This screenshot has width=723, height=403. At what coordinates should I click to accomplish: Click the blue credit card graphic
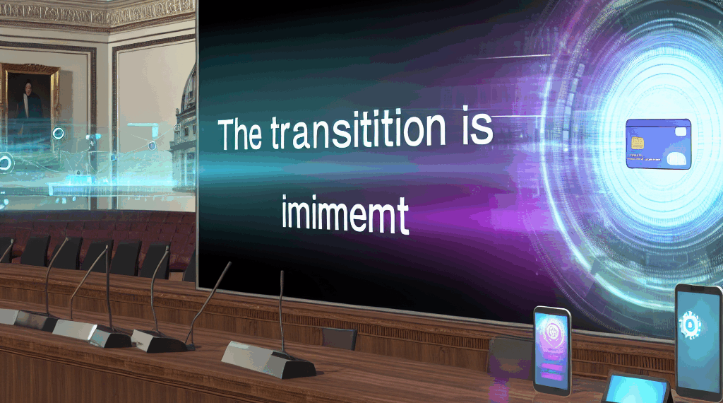tap(657, 144)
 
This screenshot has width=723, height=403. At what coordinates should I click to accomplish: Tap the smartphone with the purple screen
tap(551, 349)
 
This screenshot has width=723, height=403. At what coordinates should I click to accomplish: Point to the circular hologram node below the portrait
tap(58, 133)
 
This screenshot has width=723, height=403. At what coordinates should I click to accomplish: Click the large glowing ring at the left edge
tap(6, 163)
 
